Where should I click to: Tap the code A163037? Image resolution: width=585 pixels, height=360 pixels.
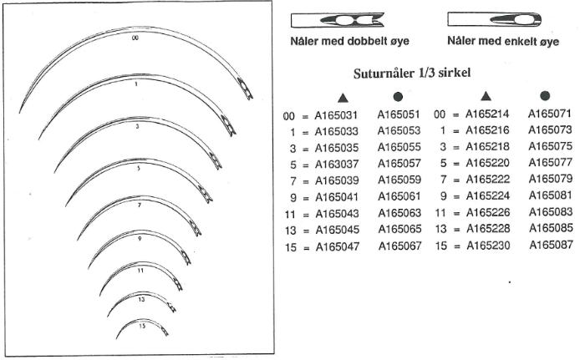coord(338,165)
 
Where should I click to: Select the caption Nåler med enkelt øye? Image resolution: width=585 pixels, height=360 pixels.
coord(502,40)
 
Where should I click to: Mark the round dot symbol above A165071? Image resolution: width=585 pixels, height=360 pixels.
coord(545,97)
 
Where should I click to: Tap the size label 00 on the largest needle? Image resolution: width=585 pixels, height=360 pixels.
coord(135,38)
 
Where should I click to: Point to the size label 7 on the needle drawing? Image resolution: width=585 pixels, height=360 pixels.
coord(138,204)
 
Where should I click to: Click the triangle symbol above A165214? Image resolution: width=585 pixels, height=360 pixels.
coord(487,98)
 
